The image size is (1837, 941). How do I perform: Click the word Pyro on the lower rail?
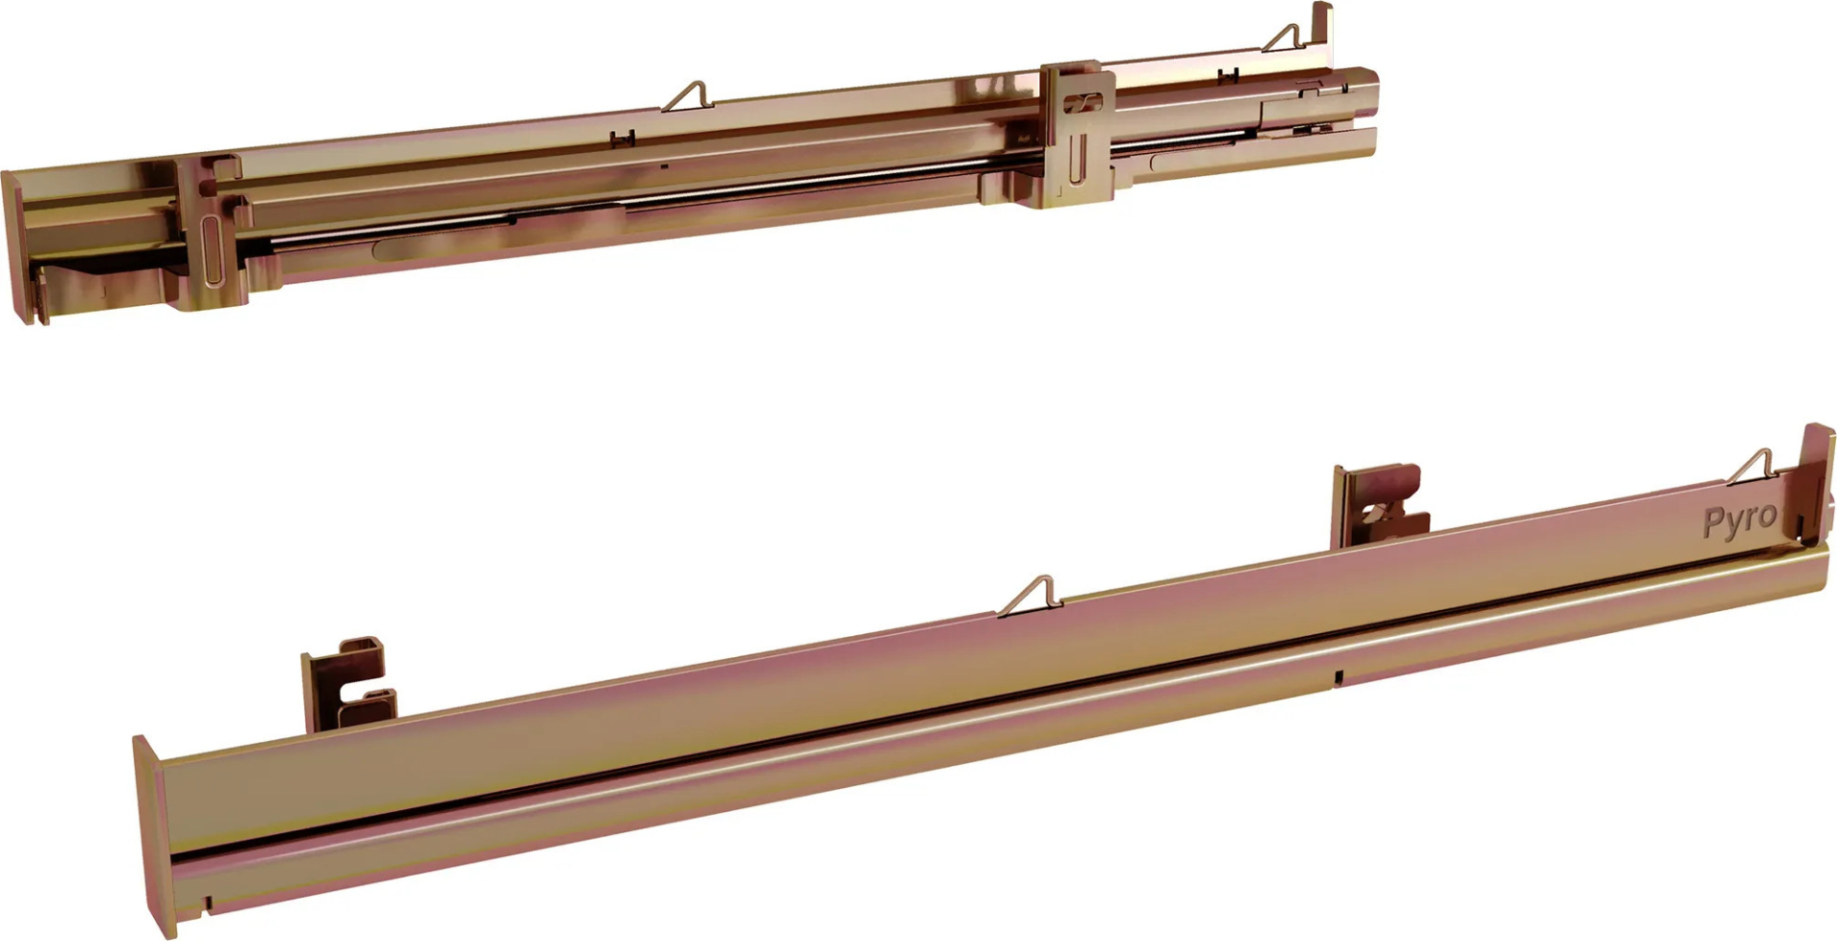1739,520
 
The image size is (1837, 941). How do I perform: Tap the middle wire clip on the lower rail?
1029,596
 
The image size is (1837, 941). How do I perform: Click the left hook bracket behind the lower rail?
348,683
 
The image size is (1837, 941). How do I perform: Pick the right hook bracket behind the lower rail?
1380,505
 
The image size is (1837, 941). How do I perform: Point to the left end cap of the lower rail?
153,837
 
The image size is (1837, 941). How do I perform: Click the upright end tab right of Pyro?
1817,478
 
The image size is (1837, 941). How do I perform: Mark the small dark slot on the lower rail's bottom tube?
1339,676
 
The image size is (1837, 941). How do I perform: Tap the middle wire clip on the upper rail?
687,97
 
